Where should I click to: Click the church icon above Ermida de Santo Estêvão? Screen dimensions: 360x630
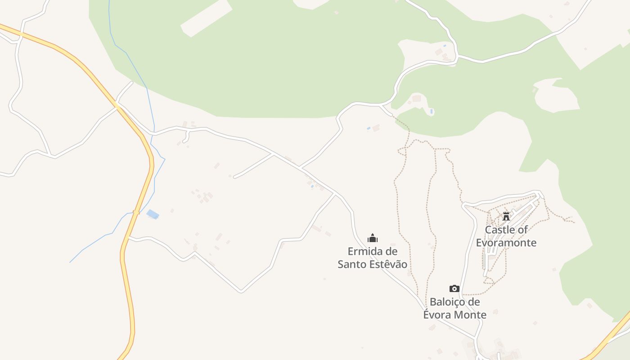tap(373, 238)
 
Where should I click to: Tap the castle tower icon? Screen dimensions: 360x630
tap(506, 216)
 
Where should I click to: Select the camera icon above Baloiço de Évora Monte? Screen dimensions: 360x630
tap(454, 288)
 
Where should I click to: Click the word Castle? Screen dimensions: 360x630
tap(499, 230)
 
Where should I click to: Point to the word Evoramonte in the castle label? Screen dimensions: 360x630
tap(506, 243)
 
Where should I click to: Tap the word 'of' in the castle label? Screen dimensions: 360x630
tap(522, 230)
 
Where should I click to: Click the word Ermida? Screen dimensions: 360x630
tap(365, 251)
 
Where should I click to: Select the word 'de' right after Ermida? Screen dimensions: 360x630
tap(392, 251)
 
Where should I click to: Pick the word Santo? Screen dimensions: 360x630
tap(352, 264)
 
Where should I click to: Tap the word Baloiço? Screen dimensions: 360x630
tap(448, 302)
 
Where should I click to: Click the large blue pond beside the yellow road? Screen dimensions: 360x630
tap(153, 214)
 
